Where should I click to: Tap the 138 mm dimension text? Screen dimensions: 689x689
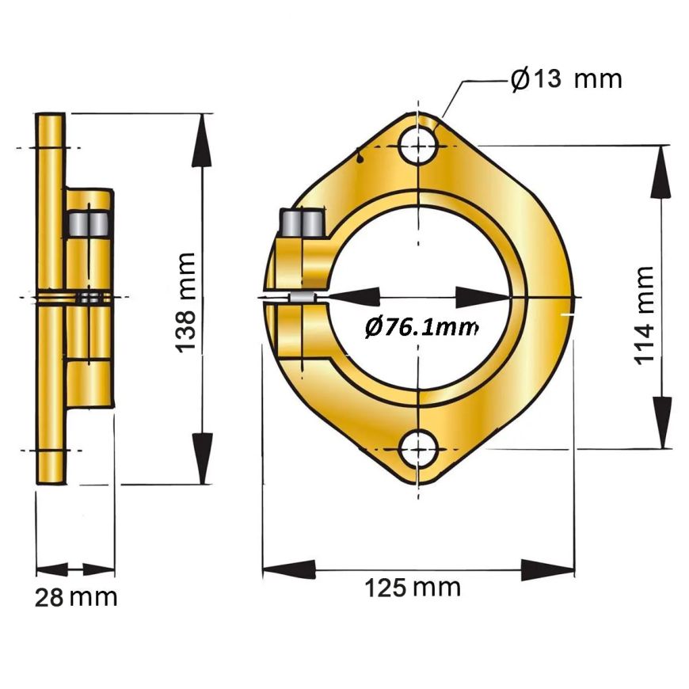point(185,303)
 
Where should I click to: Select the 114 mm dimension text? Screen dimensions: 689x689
point(644,315)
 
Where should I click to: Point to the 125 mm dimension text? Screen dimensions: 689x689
point(413,588)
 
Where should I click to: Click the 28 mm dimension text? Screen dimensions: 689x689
point(76,598)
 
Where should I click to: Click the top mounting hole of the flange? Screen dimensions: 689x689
point(419,145)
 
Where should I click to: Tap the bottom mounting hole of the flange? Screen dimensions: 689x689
point(419,450)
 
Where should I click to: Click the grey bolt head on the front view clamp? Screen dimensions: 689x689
point(303,223)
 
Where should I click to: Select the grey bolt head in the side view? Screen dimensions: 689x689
point(89,224)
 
